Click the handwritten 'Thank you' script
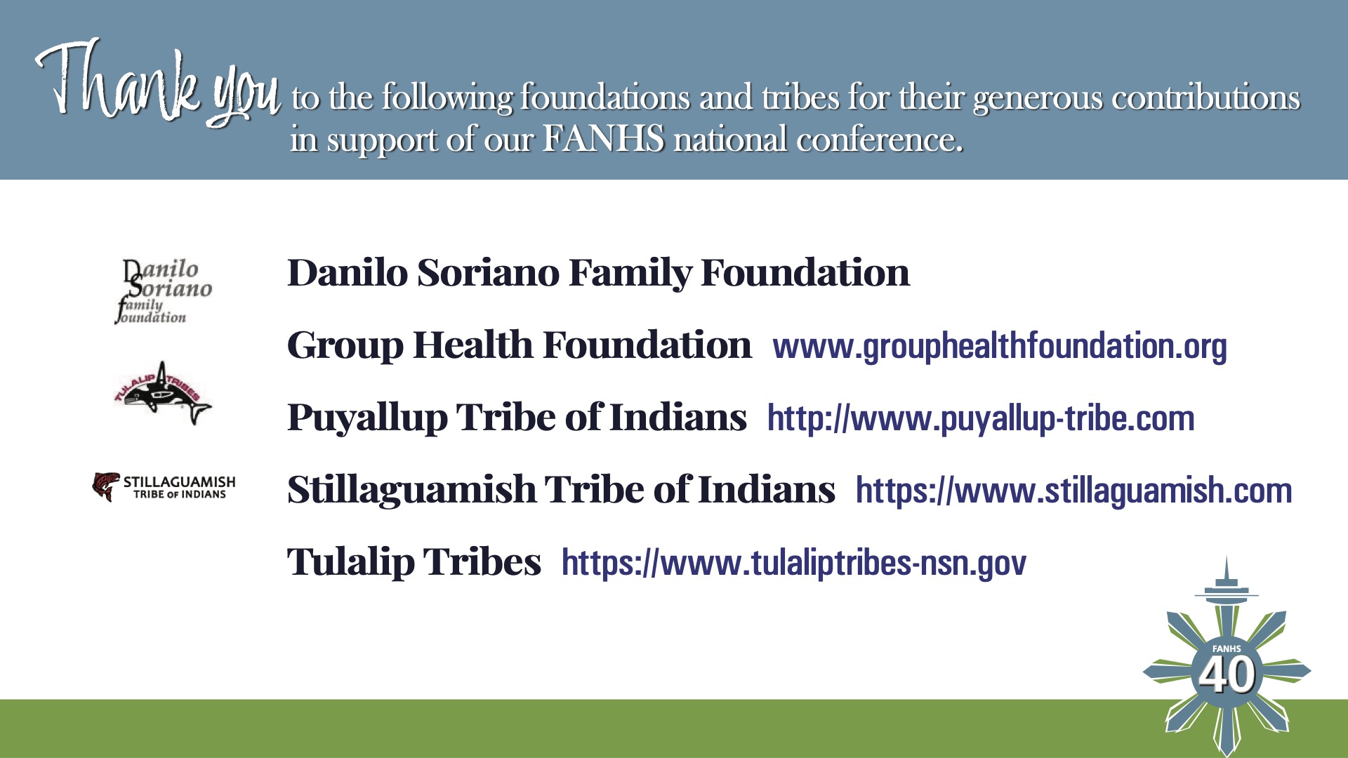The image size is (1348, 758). (158, 84)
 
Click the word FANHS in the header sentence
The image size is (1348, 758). (603, 138)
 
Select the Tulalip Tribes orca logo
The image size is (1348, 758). (162, 394)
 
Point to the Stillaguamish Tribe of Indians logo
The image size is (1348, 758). (164, 486)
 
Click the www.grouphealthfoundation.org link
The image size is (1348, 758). (1000, 347)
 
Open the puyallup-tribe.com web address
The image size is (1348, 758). (981, 418)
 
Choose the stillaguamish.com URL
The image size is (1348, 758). (1073, 490)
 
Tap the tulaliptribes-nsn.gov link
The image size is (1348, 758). (794, 562)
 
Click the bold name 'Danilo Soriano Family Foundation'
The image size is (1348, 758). (598, 272)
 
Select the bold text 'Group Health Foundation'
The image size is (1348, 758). (519, 345)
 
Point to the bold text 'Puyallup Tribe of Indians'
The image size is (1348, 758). (517, 417)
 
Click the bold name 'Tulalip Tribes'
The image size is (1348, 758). (414, 561)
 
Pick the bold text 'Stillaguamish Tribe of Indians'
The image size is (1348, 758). (561, 489)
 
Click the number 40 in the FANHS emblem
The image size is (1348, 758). (1227, 674)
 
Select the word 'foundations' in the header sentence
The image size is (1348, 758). (605, 97)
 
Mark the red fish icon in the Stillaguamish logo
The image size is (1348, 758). (105, 486)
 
